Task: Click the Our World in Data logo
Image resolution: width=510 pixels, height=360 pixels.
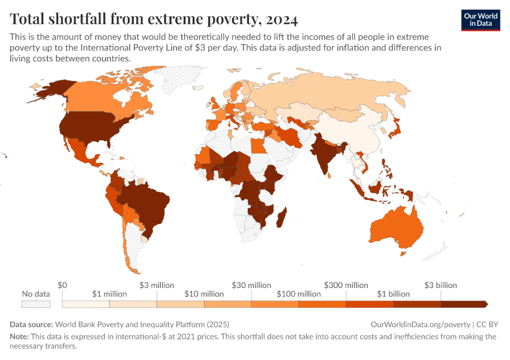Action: click(x=481, y=20)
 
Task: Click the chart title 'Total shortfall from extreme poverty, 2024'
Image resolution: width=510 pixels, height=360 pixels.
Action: click(x=154, y=19)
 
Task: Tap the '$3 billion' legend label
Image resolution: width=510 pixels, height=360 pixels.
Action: click(x=440, y=285)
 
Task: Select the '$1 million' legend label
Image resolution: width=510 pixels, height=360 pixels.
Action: click(x=110, y=294)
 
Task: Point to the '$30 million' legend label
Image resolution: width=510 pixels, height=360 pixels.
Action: click(x=251, y=285)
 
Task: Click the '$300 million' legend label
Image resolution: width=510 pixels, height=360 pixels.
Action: click(x=346, y=285)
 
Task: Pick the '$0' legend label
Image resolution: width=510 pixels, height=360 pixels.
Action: click(x=62, y=285)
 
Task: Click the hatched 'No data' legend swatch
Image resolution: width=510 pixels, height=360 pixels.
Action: click(x=35, y=304)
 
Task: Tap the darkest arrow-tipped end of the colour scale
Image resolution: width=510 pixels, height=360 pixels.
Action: click(x=483, y=304)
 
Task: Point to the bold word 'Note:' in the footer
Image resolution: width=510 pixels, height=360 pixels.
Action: click(x=20, y=337)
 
